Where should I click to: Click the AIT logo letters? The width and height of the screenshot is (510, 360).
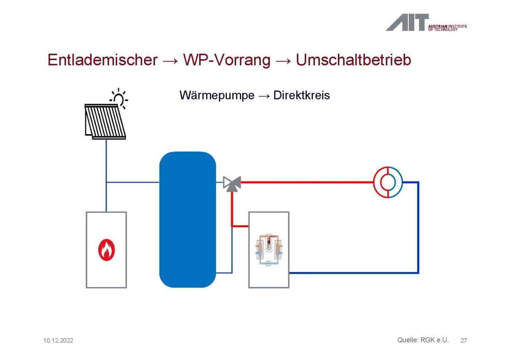pyautogui.click(x=407, y=22)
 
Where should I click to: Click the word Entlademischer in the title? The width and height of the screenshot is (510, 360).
pyautogui.click(x=103, y=60)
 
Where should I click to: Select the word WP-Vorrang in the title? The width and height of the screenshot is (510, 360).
pyautogui.click(x=227, y=60)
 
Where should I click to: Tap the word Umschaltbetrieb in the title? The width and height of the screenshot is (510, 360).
pyautogui.click(x=353, y=60)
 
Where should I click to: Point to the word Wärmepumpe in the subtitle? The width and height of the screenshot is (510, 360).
pyautogui.click(x=217, y=95)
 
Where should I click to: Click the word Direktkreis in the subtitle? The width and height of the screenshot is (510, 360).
pyautogui.click(x=302, y=95)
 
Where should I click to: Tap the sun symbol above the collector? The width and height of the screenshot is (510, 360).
pyautogui.click(x=119, y=98)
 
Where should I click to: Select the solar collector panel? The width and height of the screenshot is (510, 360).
pyautogui.click(x=105, y=122)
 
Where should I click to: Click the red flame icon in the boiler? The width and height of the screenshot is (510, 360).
pyautogui.click(x=106, y=250)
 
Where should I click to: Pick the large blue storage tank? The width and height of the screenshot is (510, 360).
pyautogui.click(x=188, y=219)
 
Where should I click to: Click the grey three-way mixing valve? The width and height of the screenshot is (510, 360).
pyautogui.click(x=232, y=184)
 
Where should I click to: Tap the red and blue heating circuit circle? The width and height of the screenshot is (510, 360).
pyautogui.click(x=388, y=182)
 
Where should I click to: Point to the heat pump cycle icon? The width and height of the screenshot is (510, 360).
pyautogui.click(x=269, y=250)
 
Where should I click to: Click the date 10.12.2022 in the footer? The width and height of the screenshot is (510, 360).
pyautogui.click(x=58, y=340)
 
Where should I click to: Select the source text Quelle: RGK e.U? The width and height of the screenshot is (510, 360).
pyautogui.click(x=423, y=340)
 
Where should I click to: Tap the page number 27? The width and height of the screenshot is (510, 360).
pyautogui.click(x=463, y=340)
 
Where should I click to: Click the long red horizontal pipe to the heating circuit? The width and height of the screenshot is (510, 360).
pyautogui.click(x=307, y=182)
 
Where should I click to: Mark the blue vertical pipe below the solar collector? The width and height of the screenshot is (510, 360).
pyautogui.click(x=106, y=176)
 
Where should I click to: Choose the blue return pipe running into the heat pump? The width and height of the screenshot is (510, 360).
pyautogui.click(x=354, y=273)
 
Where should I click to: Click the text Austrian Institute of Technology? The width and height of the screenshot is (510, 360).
pyautogui.click(x=447, y=28)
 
